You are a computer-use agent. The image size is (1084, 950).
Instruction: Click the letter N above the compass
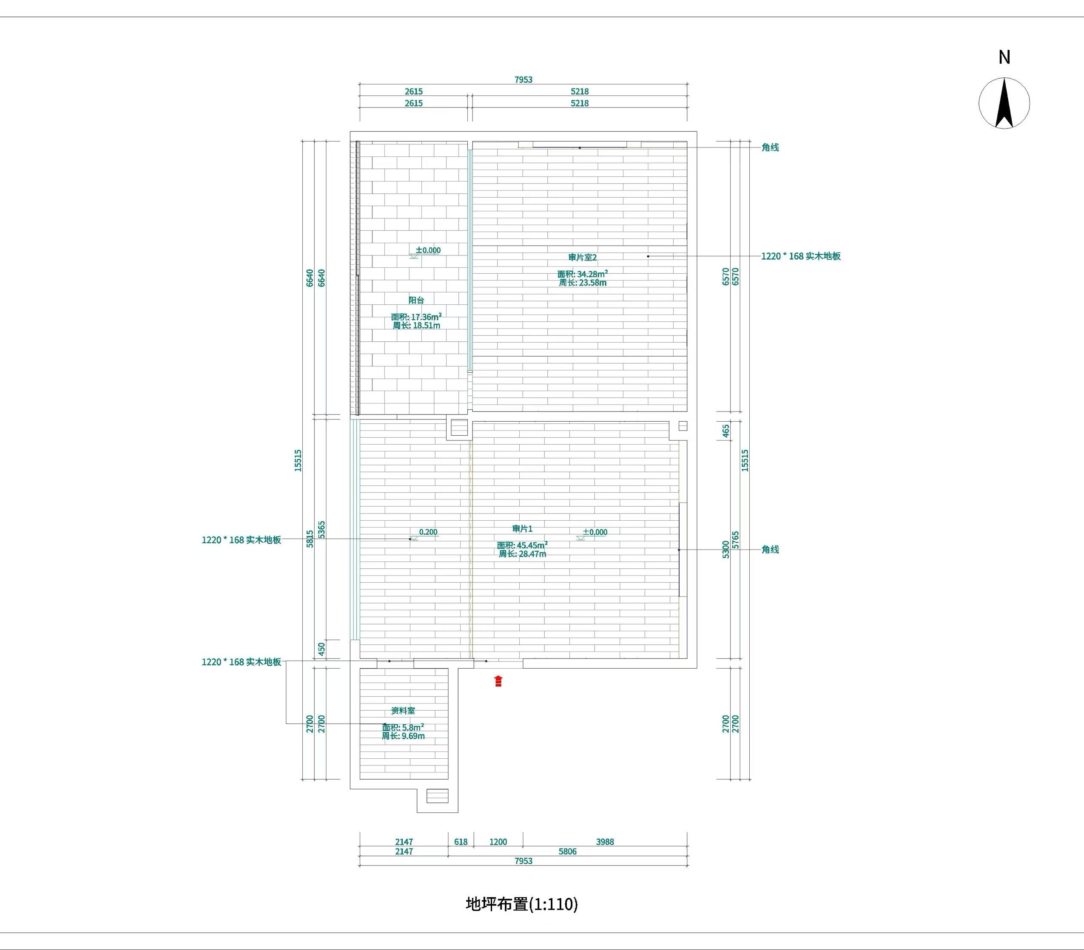point(1004,57)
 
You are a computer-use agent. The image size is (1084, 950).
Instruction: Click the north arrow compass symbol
point(1004,103)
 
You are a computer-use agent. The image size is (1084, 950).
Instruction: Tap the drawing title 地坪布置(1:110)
point(521,904)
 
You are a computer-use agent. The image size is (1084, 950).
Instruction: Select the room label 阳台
point(416,300)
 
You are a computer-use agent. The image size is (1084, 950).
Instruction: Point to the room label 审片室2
point(582,258)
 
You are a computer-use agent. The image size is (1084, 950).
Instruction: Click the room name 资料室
point(403,710)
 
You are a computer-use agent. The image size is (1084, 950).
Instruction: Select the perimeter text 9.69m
point(413,736)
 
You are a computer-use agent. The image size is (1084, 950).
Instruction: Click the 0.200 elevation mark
point(428,532)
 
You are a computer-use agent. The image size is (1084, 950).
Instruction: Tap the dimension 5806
point(567,851)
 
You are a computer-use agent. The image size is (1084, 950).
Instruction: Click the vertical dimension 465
point(726,431)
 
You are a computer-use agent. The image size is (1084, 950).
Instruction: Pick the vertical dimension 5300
point(726,550)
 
